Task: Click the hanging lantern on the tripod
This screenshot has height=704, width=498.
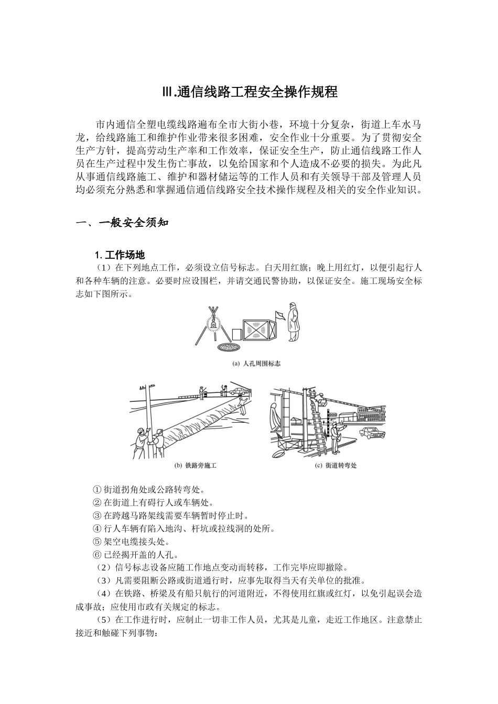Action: (x=212, y=325)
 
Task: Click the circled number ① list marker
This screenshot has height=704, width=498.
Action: (x=96, y=490)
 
